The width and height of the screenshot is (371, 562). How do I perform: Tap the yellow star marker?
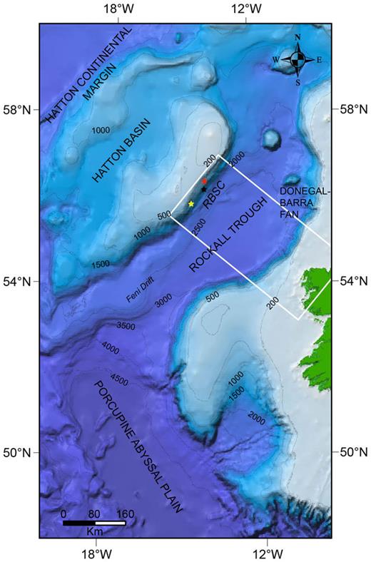coord(191,204)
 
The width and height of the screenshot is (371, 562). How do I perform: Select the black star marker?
coord(203,189)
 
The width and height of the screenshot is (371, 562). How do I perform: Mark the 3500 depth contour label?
coord(126,327)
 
